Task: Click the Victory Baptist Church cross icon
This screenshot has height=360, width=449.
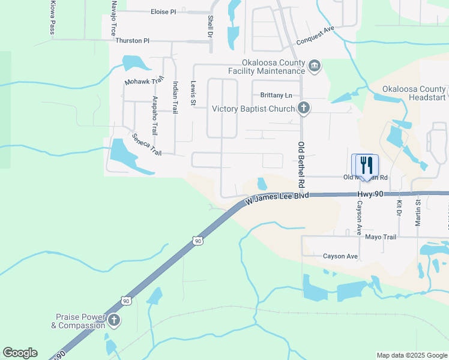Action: pyautogui.click(x=304, y=109)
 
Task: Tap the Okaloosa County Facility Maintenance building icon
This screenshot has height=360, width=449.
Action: pyautogui.click(x=314, y=65)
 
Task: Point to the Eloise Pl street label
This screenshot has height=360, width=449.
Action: pyautogui.click(x=163, y=11)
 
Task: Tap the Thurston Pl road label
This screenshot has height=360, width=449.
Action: pyautogui.click(x=132, y=41)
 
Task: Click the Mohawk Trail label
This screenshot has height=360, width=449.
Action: pyautogui.click(x=144, y=81)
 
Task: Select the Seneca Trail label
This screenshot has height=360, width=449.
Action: pyautogui.click(x=147, y=145)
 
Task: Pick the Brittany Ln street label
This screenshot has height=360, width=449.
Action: pyautogui.click(x=276, y=95)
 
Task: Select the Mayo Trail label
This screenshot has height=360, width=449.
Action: pyautogui.click(x=381, y=237)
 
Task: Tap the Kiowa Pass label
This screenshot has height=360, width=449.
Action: pyautogui.click(x=50, y=18)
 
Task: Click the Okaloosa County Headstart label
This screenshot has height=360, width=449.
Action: pyautogui.click(x=414, y=93)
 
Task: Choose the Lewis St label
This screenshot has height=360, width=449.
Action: pyautogui.click(x=193, y=94)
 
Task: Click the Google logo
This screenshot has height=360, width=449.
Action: pyautogui.click(x=20, y=353)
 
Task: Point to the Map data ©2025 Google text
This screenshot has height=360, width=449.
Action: pyautogui.click(x=411, y=355)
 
